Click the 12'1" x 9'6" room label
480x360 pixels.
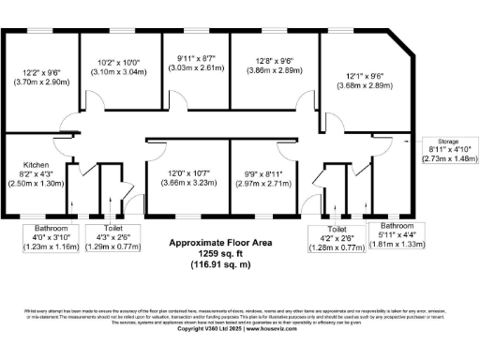(x=361, y=77)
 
